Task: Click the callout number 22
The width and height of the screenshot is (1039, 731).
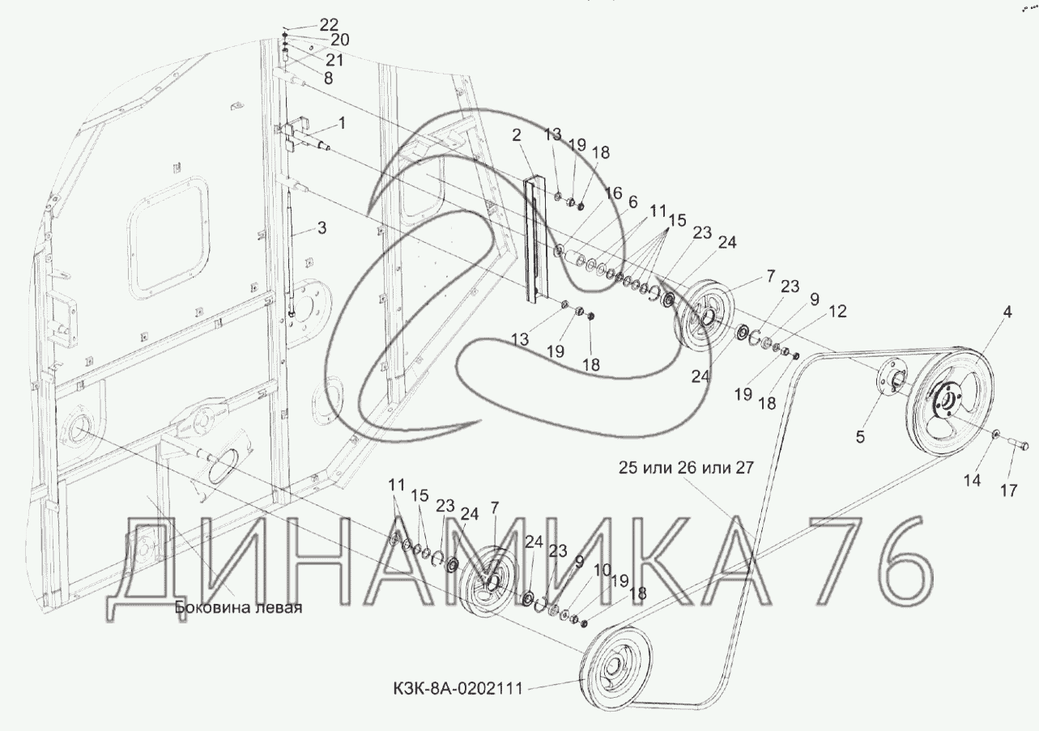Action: [329, 24]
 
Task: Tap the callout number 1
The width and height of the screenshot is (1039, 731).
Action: [342, 123]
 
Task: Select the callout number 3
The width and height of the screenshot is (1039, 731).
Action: [321, 227]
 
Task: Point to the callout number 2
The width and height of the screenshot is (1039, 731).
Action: [516, 135]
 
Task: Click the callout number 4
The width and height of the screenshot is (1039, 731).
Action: [1007, 312]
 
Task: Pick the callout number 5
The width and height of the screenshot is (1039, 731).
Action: [860, 436]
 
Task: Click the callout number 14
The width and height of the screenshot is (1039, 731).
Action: [973, 480]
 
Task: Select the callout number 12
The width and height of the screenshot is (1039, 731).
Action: [837, 311]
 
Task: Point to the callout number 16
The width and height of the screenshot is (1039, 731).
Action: [613, 193]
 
